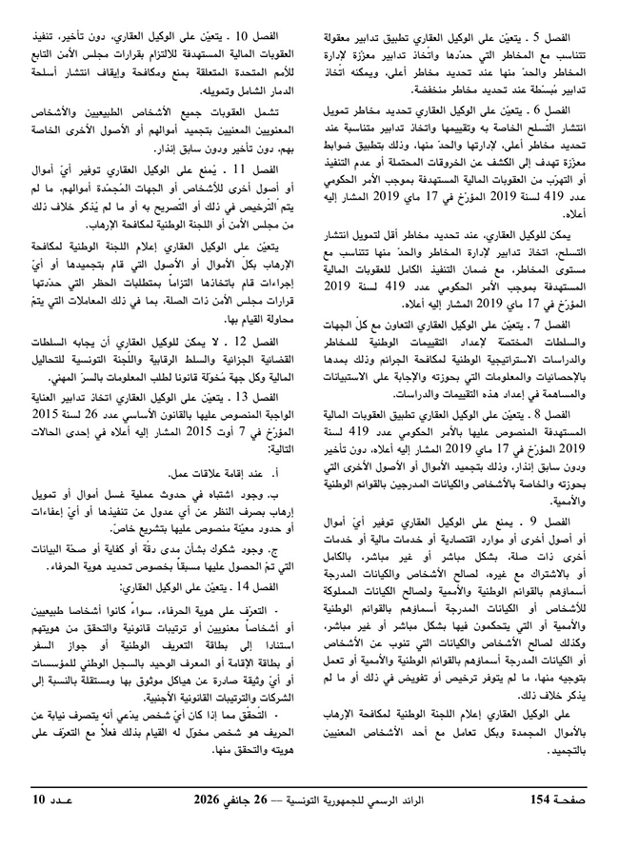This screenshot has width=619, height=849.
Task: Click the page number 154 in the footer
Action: pyautogui.click(x=542, y=824)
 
